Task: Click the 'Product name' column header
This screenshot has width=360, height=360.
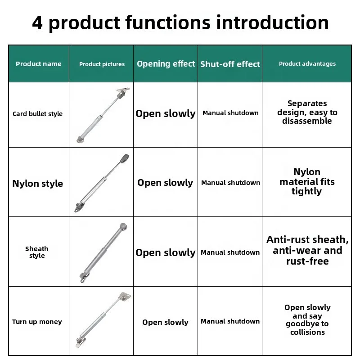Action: click(39, 64)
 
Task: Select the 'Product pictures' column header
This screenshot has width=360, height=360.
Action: click(102, 64)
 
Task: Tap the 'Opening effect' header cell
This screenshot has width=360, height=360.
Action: click(166, 64)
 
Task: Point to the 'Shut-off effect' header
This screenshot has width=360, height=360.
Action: click(230, 64)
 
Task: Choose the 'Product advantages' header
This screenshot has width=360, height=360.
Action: click(307, 64)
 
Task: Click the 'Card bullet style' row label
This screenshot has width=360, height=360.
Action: click(38, 114)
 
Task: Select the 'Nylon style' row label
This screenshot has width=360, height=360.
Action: click(38, 184)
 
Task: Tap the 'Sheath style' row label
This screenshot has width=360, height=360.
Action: click(37, 252)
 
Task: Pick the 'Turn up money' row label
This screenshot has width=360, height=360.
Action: click(37, 322)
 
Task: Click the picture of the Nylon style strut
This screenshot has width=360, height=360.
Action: click(102, 183)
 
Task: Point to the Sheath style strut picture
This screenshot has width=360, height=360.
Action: click(102, 252)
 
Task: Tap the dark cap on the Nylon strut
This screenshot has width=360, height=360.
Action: click(125, 158)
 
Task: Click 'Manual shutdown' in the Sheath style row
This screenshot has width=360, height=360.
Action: click(230, 252)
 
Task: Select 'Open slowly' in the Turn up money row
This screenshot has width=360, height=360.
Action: click(165, 322)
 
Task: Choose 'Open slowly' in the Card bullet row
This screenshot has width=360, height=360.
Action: click(166, 113)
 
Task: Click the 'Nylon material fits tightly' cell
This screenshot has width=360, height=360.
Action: click(307, 182)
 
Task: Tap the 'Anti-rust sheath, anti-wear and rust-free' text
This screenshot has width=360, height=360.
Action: click(307, 250)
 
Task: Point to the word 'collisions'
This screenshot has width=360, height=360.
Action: click(307, 332)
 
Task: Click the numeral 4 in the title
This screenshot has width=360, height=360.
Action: click(37, 22)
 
